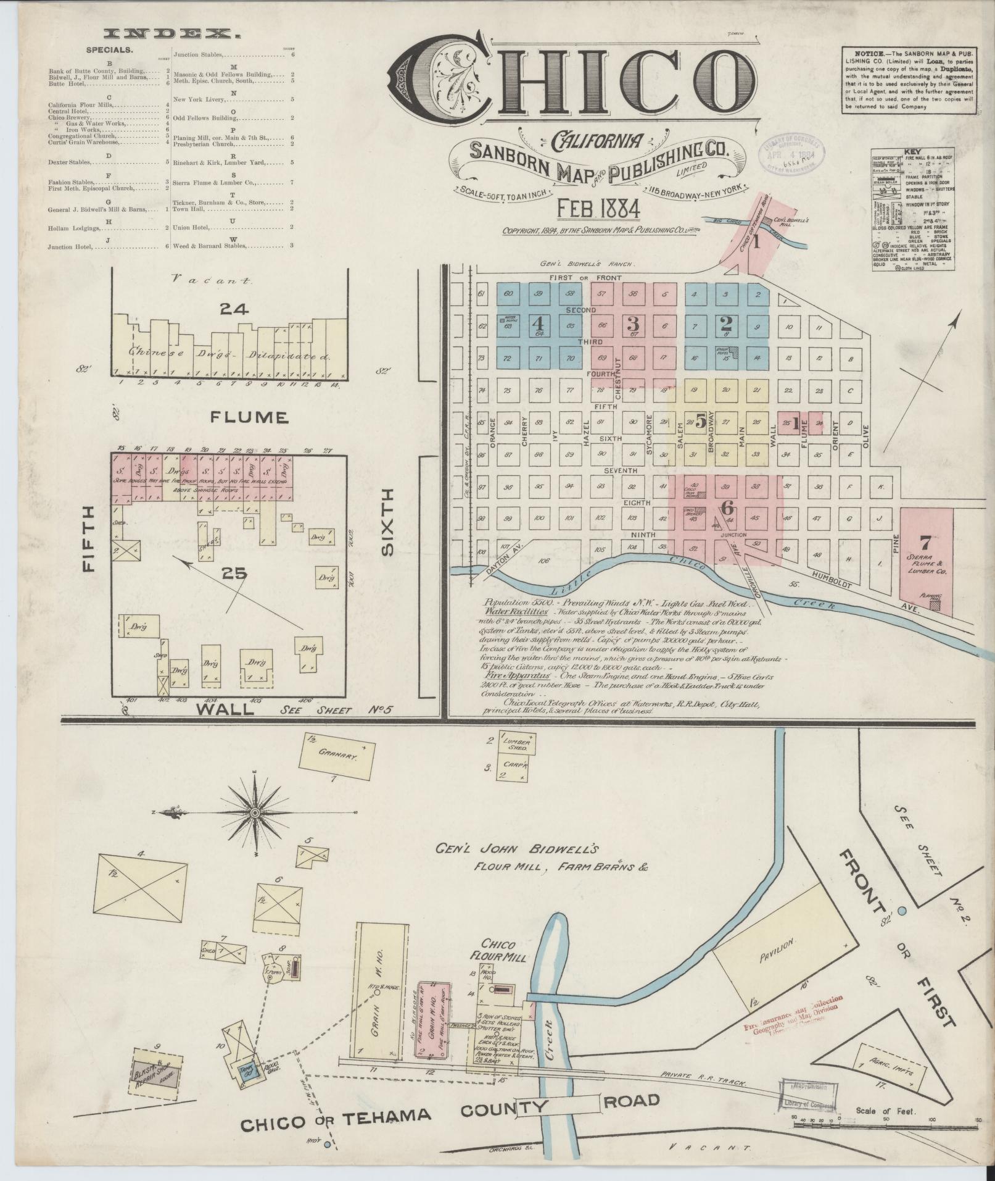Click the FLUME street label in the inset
pos(249,418)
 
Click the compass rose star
pos(254,814)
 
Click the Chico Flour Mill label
pos(503,969)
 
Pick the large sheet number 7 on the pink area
pos(924,543)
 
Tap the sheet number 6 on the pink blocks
pos(728,507)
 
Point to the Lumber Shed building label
pos(516,744)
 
